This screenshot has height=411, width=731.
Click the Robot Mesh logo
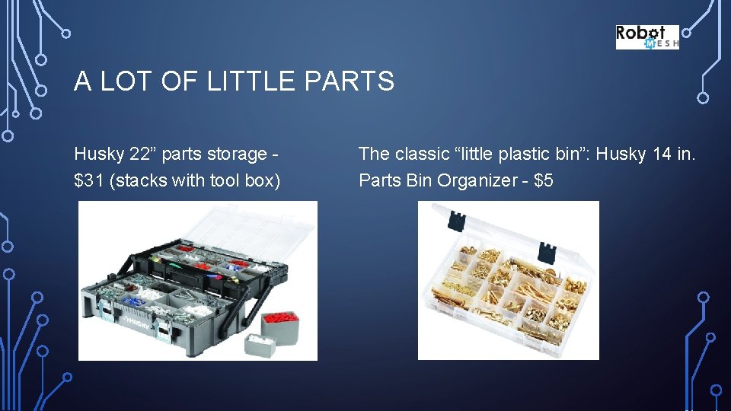[646, 37]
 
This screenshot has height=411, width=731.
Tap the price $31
[90, 181]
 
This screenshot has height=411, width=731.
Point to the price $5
[544, 181]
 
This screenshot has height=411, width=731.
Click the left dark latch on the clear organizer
[456, 221]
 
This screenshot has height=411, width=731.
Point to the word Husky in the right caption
[620, 154]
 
